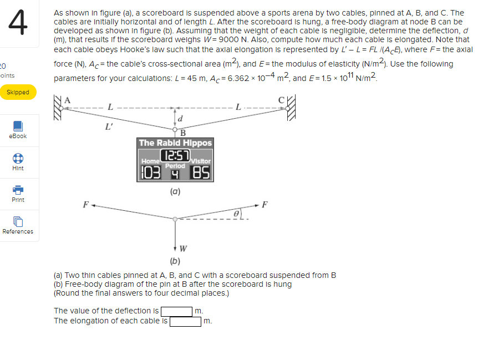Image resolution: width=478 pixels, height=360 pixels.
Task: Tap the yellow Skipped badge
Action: pyautogui.click(x=18, y=92)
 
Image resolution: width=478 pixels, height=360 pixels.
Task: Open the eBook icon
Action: pyautogui.click(x=18, y=126)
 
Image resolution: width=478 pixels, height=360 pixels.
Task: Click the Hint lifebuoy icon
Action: pyautogui.click(x=18, y=158)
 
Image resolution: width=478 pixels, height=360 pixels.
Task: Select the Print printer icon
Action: pyautogui.click(x=18, y=190)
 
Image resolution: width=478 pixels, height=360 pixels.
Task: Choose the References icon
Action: pyautogui.click(x=18, y=222)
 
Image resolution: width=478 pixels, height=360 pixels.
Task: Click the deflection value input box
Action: pyautogui.click(x=177, y=311)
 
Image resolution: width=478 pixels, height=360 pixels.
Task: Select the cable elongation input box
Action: pyautogui.click(x=186, y=321)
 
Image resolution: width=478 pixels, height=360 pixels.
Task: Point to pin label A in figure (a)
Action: pyautogui.click(x=68, y=100)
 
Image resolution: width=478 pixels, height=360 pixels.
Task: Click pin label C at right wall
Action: pyautogui.click(x=281, y=100)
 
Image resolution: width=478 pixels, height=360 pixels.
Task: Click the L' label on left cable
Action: pyautogui.click(x=110, y=127)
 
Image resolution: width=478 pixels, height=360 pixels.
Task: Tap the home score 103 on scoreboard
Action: pyautogui.click(x=149, y=174)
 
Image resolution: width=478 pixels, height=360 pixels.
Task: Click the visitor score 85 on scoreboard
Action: pyautogui.click(x=201, y=174)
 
